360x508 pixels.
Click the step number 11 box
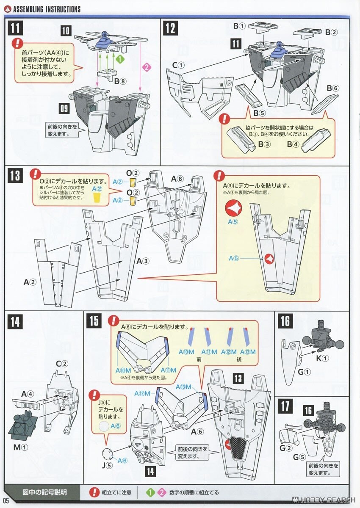pos(15,28)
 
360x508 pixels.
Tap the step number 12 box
pos(170,28)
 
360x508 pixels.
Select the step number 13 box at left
pos(15,174)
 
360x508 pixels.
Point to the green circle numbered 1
pos(120,60)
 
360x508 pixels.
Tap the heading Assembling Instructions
pos(47,9)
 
